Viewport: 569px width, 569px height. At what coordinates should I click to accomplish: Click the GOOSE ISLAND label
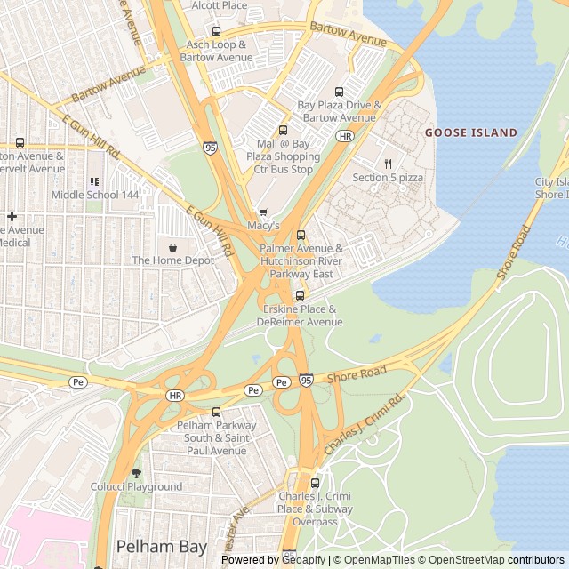470,132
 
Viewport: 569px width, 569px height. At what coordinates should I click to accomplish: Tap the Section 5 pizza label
388,178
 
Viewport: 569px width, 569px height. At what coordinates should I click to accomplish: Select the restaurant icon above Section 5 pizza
389,164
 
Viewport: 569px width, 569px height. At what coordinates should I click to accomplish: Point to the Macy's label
263,226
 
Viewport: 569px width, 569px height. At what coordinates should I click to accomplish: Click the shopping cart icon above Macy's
262,212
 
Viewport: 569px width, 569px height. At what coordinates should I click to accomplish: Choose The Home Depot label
173,260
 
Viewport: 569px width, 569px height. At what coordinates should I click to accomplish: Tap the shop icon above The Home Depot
172,246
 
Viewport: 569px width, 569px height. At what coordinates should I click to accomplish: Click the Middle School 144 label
95,195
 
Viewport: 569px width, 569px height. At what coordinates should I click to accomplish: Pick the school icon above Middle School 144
94,181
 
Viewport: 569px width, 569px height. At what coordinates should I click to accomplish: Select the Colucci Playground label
136,486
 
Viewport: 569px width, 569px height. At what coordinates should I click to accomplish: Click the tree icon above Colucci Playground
136,473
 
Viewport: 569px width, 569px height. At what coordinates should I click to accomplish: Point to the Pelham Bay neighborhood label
162,546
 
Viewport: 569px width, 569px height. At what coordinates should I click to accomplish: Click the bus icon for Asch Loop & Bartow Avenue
216,32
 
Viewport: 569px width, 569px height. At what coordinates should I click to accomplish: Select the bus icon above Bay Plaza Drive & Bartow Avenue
339,92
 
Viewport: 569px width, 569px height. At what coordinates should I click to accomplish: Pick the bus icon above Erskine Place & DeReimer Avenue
300,295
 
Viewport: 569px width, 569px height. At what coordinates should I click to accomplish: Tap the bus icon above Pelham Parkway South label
216,412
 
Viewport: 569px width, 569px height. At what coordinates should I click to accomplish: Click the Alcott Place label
220,5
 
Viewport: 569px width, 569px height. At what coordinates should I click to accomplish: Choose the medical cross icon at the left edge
12,216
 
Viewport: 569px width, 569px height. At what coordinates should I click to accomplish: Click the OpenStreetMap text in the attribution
469,560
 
